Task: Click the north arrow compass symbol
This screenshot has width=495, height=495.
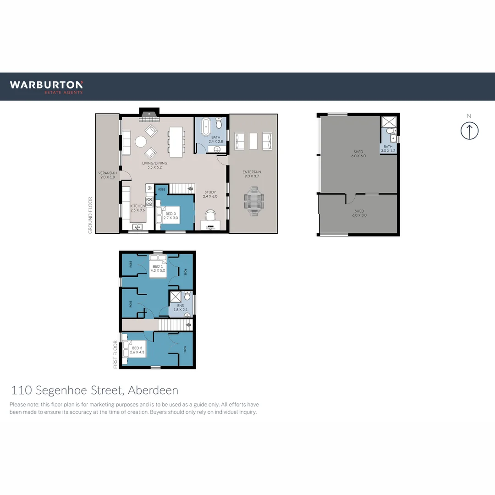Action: pos(469,131)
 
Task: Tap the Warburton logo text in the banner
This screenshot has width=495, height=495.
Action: pos(46,85)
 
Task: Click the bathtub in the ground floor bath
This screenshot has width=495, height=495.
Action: pos(206,125)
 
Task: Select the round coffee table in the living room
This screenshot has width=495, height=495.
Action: pos(141,142)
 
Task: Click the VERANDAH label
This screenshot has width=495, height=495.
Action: pos(108,176)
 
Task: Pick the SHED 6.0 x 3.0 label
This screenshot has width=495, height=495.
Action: pos(359,213)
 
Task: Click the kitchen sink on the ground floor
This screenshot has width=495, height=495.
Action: pos(137,226)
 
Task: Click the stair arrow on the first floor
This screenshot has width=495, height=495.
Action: pos(188,325)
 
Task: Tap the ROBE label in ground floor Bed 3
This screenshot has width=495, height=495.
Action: pos(161,189)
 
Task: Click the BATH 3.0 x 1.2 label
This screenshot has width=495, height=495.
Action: pos(388,148)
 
